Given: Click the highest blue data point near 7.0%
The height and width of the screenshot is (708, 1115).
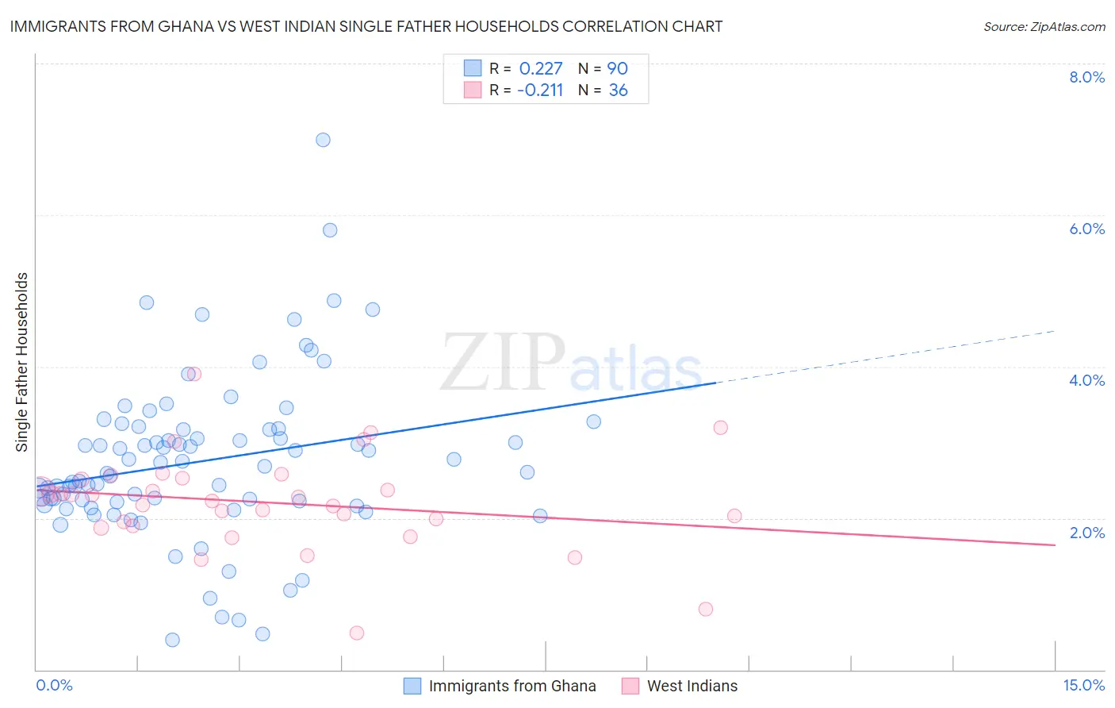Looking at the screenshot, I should coord(323,140).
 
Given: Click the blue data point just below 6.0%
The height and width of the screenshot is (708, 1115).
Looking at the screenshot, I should coord(330,230).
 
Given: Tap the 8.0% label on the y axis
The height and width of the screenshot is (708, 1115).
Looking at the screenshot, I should coord(1086,77).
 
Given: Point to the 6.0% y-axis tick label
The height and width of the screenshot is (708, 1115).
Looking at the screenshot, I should coord(1086,229).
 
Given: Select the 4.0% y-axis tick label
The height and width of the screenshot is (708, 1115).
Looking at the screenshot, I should coord(1086,380).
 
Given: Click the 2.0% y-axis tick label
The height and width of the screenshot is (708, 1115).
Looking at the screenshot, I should coord(1086,533).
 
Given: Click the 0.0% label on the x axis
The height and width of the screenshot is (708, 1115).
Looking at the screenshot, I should coord(54,685).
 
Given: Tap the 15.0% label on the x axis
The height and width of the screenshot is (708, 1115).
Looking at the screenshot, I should coord(1083,685).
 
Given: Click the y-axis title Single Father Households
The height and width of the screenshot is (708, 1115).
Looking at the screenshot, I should coord(22,362).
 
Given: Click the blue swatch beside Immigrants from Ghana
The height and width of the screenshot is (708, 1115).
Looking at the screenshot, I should coord(412,686).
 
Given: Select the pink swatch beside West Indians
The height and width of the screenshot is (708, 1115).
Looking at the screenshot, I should coord(630,686).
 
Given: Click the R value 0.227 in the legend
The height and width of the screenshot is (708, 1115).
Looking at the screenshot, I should coord(541,69).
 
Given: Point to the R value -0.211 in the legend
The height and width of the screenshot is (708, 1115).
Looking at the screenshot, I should coord(540,90).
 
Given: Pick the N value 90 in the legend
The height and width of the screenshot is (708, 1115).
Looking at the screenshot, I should coord(618,69).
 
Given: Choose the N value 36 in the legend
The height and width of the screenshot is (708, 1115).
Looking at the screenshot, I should coord(619,90).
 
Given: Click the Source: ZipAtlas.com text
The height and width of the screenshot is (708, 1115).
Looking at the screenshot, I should coord(1044,27).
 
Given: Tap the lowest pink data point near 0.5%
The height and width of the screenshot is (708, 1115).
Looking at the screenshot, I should coord(357,633).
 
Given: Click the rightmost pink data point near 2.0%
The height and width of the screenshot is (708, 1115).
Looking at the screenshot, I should coord(734,516).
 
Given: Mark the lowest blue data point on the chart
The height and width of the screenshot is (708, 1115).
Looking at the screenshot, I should coord(172,640).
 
